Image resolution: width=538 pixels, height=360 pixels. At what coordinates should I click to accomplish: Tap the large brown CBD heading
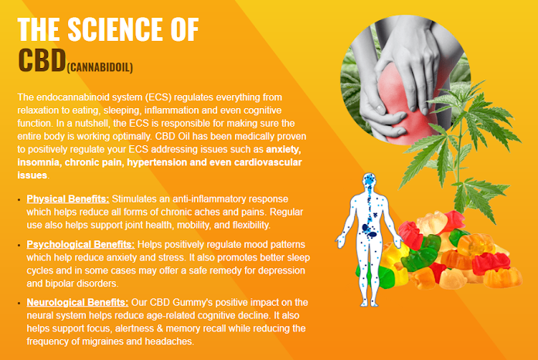(42, 60)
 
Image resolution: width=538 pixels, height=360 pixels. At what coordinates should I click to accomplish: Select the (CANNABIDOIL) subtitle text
(100, 67)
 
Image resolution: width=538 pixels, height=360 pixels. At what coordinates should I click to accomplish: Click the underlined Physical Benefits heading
(68, 199)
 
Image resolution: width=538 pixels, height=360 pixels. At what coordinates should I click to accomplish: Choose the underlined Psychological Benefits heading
(80, 244)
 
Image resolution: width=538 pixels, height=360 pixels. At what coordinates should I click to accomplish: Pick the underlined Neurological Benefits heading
(77, 302)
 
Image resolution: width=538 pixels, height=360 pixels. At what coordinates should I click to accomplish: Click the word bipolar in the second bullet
(60, 284)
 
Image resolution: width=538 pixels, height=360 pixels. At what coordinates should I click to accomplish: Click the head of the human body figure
(369, 180)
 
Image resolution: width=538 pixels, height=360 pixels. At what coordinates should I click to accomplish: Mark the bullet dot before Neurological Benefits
(19, 303)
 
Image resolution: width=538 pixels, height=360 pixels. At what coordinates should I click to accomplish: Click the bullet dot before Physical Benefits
(19, 199)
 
